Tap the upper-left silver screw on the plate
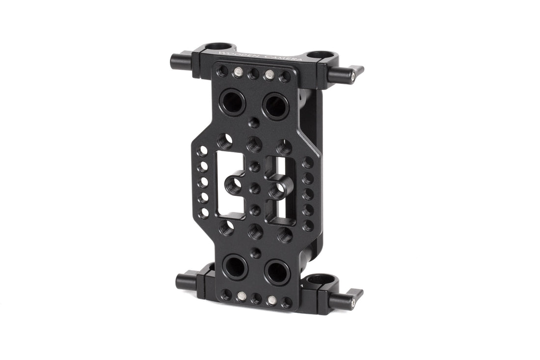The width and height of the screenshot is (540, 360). [x=238, y=72]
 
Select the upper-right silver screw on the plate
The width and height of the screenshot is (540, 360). [x=270, y=74]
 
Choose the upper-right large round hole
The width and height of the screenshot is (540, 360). [x=275, y=106]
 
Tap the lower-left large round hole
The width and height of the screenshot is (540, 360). [x=234, y=267]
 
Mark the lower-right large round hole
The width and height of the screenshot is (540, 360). [x=278, y=272]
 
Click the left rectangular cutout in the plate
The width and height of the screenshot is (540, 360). [x=230, y=184]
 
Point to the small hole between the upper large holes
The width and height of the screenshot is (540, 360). [x=255, y=122]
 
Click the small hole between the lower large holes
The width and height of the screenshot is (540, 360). [x=255, y=253]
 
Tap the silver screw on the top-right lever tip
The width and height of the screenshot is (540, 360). [x=353, y=76]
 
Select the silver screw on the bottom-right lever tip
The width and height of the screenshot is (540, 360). [x=352, y=304]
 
